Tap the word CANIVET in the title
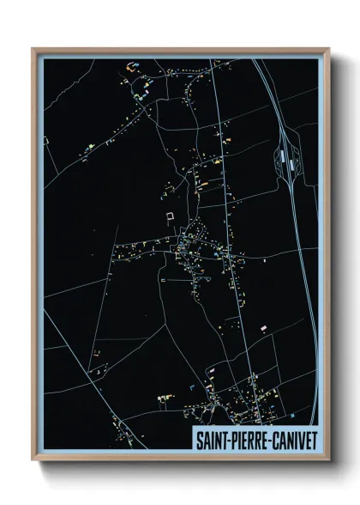pyautogui.click(x=291, y=437)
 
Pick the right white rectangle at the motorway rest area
pyautogui.click(x=293, y=161)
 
